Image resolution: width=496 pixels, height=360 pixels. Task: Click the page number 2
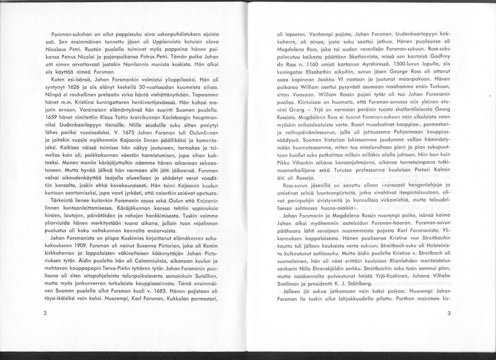45,313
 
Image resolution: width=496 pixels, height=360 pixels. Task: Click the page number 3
449,313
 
